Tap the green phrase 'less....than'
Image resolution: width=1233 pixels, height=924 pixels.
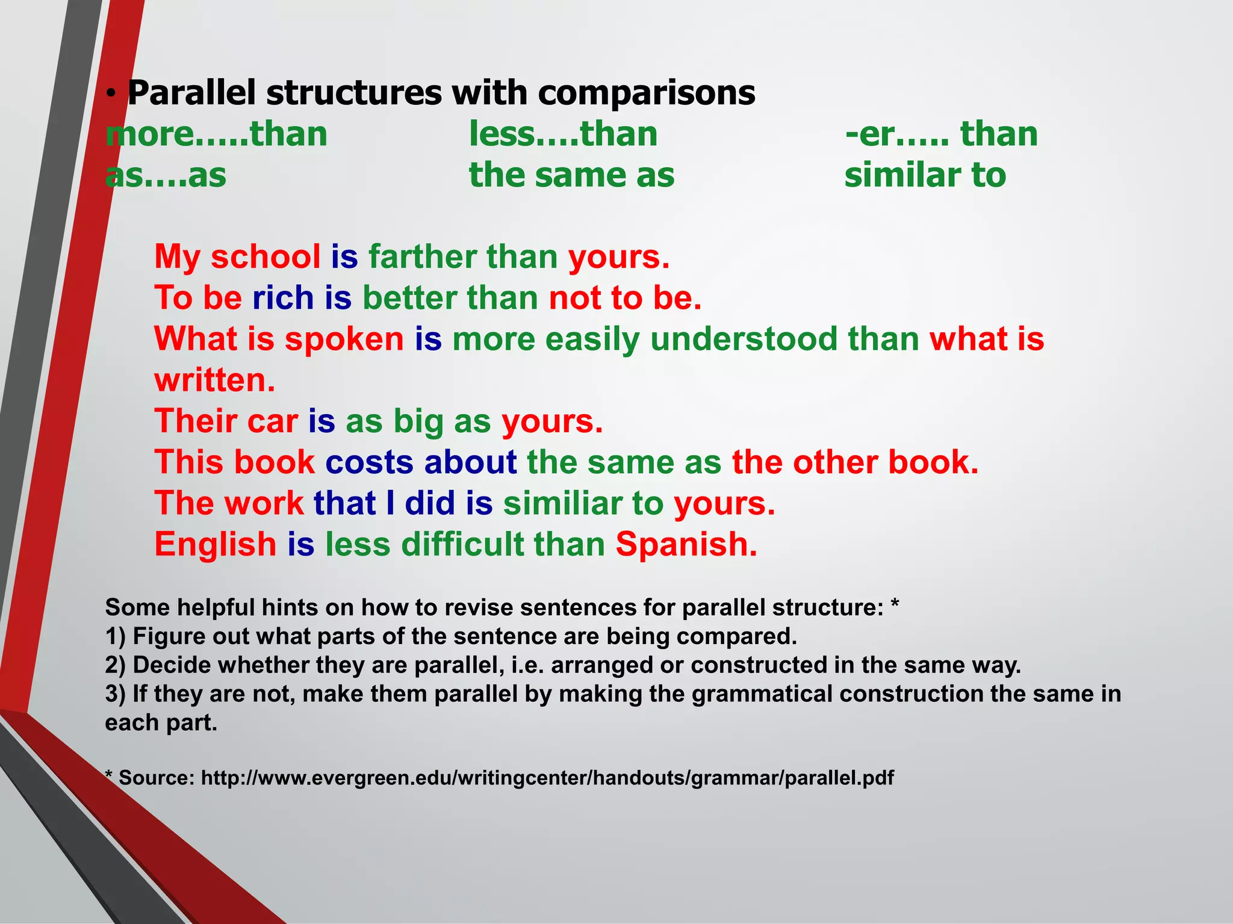point(563,134)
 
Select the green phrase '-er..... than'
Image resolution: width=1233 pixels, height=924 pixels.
point(942,134)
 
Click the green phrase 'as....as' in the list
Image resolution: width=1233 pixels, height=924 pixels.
point(166,175)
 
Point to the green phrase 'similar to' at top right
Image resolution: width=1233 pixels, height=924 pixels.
point(925,175)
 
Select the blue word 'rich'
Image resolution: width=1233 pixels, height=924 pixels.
point(283,298)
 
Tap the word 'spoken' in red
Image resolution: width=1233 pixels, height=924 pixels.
point(344,339)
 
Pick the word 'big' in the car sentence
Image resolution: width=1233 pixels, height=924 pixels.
point(418,421)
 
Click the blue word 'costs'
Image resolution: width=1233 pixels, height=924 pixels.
point(369,462)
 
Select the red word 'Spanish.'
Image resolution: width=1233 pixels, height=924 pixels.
point(686,544)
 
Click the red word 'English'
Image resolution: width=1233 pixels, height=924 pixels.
point(215,544)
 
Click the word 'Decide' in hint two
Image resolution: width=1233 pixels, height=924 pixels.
point(172,665)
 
